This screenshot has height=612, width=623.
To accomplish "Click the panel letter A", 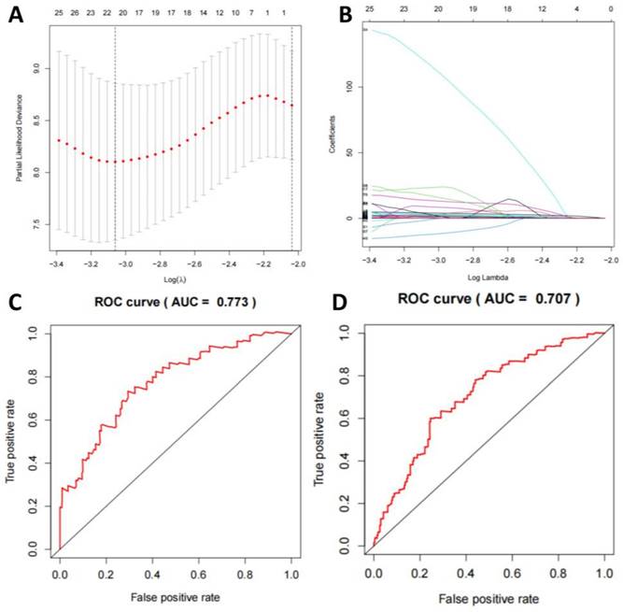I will [16, 15].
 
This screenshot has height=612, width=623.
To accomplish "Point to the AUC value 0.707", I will [541, 299].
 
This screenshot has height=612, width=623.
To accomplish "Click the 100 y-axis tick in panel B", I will [352, 87].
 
